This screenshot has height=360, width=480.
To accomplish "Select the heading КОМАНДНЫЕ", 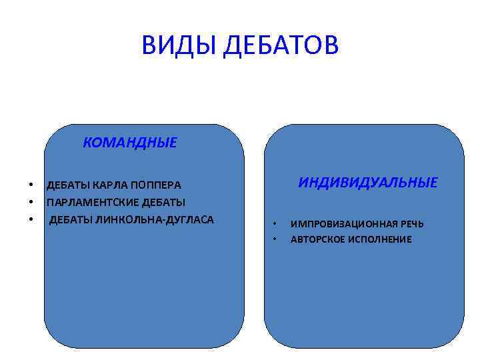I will coord(130,143).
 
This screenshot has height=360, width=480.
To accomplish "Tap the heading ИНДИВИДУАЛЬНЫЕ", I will coord(368,183).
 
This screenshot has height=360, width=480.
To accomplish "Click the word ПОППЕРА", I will coord(157,185).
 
